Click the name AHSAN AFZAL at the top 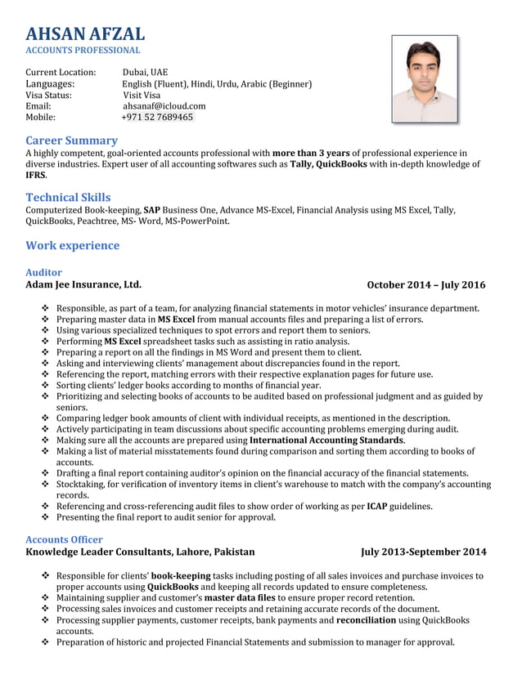coord(85,34)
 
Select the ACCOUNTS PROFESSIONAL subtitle coord(83,51)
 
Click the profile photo coord(424,78)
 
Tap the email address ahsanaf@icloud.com coord(164,106)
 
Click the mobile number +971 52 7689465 coord(157,118)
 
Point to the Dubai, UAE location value coord(145,72)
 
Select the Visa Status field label coord(48,95)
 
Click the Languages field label coord(50,83)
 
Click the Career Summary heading coord(72,141)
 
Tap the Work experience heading coord(72,245)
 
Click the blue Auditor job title coord(43,272)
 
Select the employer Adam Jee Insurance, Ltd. coord(83,285)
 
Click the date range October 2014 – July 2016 coord(425,285)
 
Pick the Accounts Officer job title coord(64,539)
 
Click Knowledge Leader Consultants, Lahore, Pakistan coord(140,552)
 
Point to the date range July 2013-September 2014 coord(423,552)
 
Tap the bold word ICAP coord(377,506)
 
